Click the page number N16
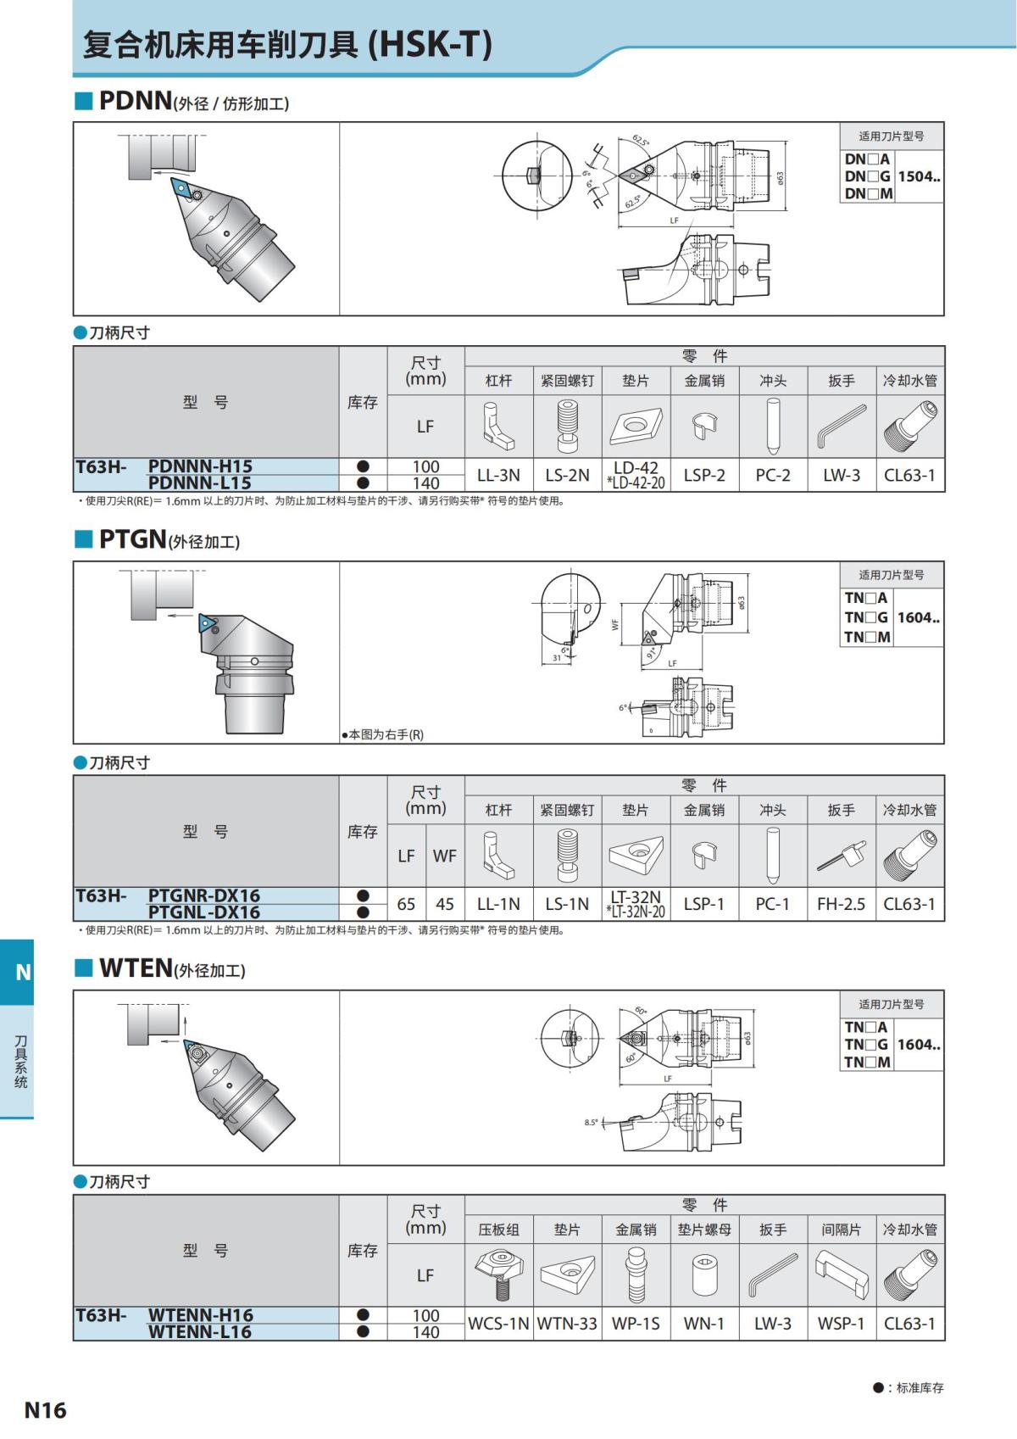coord(45,1409)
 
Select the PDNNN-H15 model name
coord(200,466)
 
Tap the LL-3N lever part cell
coord(498,475)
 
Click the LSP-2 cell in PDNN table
coord(704,475)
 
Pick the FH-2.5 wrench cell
coord(841,904)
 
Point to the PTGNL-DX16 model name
coord(203,912)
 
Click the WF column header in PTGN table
coord(444,856)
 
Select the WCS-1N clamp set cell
coord(498,1323)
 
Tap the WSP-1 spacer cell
coord(841,1323)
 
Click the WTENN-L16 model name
coord(200,1331)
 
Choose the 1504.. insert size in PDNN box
coord(919,176)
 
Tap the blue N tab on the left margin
coord(23,972)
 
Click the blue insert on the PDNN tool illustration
coord(181,187)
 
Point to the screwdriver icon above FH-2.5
coord(842,856)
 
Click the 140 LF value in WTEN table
coord(425,1332)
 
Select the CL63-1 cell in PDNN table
coord(909,475)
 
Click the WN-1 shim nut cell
coord(704,1323)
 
